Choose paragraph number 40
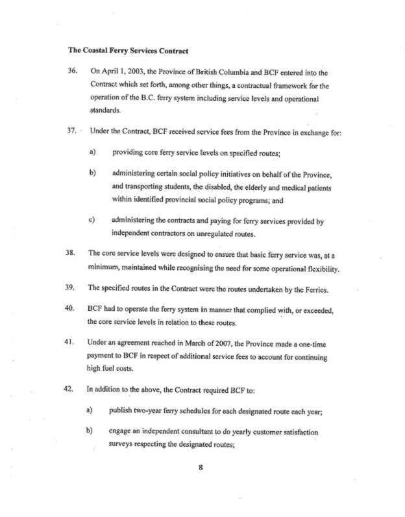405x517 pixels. (x=73, y=310)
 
